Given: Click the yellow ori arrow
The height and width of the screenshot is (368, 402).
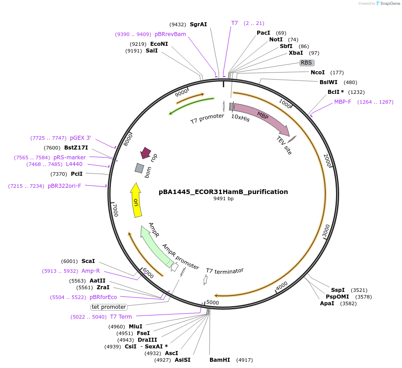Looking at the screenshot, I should click(x=135, y=201).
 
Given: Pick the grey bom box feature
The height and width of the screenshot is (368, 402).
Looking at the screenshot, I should click(x=139, y=168).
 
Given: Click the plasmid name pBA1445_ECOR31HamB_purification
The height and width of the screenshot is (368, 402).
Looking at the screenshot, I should click(x=223, y=192).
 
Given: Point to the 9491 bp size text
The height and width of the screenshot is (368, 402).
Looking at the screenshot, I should click(x=223, y=199).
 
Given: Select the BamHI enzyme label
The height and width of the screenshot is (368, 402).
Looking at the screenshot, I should click(x=220, y=360).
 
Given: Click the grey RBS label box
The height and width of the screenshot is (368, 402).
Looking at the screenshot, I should click(x=307, y=63).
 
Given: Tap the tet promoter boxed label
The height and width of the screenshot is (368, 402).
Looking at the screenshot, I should click(x=109, y=307).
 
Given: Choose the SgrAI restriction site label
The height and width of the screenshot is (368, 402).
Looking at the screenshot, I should click(x=198, y=24).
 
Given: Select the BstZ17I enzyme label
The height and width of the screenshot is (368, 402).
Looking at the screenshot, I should click(x=76, y=148).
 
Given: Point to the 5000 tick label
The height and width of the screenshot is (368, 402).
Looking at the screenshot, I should click(x=213, y=303).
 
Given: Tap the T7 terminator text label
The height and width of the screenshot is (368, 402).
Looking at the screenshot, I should click(x=225, y=271).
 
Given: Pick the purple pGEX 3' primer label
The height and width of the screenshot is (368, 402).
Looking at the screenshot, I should click(x=80, y=138).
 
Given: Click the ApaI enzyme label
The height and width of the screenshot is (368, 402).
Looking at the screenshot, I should click(x=327, y=303).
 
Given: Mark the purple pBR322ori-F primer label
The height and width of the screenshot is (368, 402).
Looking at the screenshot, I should click(x=64, y=186).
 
